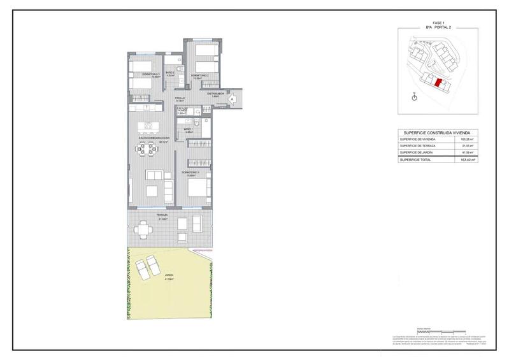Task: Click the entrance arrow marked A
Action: pyautogui.click(x=233, y=99)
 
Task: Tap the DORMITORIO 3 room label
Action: pyautogui.click(x=142, y=75)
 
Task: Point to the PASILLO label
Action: pyautogui.click(x=180, y=99)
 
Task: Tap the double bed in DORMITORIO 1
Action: pyautogui.click(x=199, y=188)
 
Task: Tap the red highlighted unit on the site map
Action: pyautogui.click(x=436, y=82)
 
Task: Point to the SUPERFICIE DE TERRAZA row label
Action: pyautogui.click(x=418, y=146)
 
